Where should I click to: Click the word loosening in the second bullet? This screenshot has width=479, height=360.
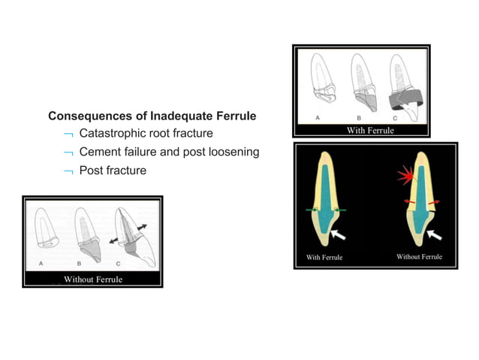coord(233,152)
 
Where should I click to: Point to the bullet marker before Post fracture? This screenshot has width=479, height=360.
coord(68,171)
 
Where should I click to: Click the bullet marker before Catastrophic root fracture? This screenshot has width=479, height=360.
coord(68,135)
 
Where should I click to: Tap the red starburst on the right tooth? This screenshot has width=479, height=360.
coord(407,178)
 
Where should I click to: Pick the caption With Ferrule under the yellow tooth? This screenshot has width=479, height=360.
coord(324,258)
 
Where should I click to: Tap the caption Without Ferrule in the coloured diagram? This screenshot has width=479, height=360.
coord(419,257)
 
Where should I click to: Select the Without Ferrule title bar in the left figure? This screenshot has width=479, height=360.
coord(92,280)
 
